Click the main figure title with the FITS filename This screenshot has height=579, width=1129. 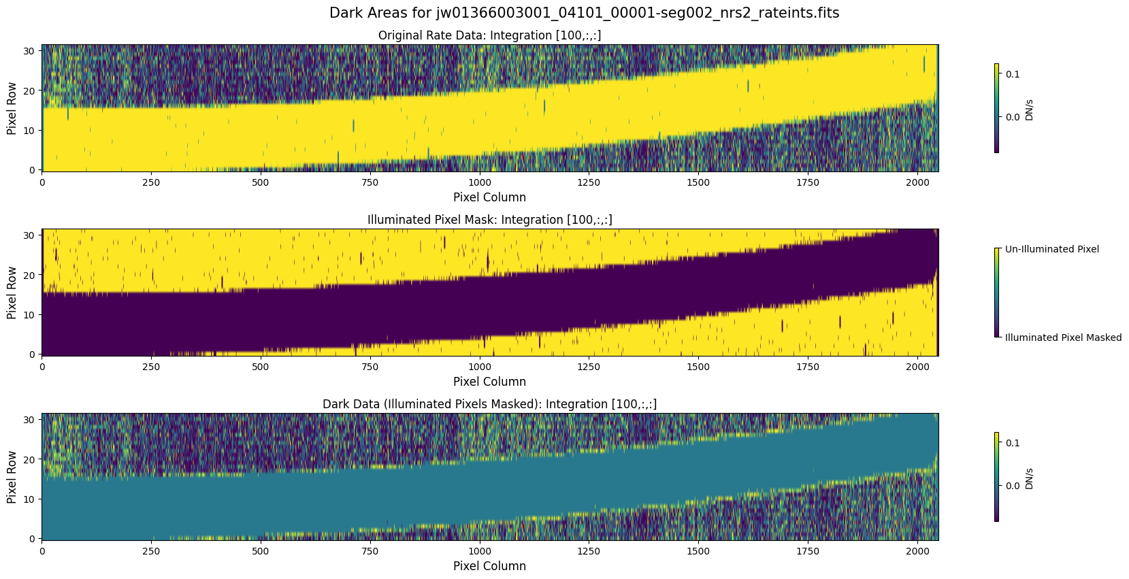[x=584, y=13]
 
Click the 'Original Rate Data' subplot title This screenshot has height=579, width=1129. [x=489, y=35]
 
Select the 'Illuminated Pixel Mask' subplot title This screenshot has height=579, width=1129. [x=489, y=220]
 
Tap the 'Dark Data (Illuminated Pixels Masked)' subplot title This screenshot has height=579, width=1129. [x=489, y=404]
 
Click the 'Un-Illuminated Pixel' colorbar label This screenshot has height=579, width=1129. [x=1051, y=249]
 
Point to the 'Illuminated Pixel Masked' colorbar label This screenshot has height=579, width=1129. [x=1063, y=337]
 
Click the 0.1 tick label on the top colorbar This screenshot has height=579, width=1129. [x=1013, y=74]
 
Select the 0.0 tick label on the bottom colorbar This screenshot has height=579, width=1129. [x=1013, y=486]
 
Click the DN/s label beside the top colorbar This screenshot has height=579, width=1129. [x=1029, y=110]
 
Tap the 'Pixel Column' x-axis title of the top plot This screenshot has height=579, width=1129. [x=489, y=197]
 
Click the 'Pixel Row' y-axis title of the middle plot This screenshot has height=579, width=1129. [x=12, y=293]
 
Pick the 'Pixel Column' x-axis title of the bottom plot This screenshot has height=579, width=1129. [x=489, y=566]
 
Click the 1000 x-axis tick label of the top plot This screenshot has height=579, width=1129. [x=479, y=182]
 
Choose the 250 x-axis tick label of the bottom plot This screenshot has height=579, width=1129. [x=151, y=551]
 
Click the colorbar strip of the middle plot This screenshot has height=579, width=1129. [x=997, y=293]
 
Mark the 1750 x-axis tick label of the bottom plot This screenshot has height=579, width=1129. [x=808, y=551]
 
